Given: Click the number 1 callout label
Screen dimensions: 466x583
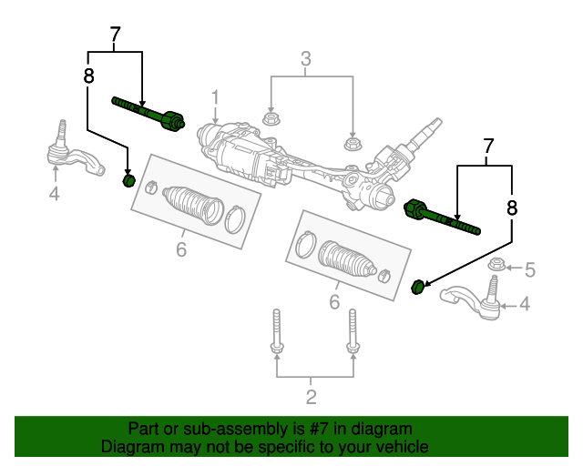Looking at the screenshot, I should point(216,97).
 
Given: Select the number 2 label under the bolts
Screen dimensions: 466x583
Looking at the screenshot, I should point(312,396).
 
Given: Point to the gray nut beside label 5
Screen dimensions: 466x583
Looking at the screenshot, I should point(497,267).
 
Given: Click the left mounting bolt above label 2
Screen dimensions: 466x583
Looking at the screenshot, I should point(275,336).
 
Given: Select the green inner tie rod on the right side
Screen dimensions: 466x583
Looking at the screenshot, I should point(442,218).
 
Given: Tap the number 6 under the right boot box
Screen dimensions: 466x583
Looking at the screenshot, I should point(334,301).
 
